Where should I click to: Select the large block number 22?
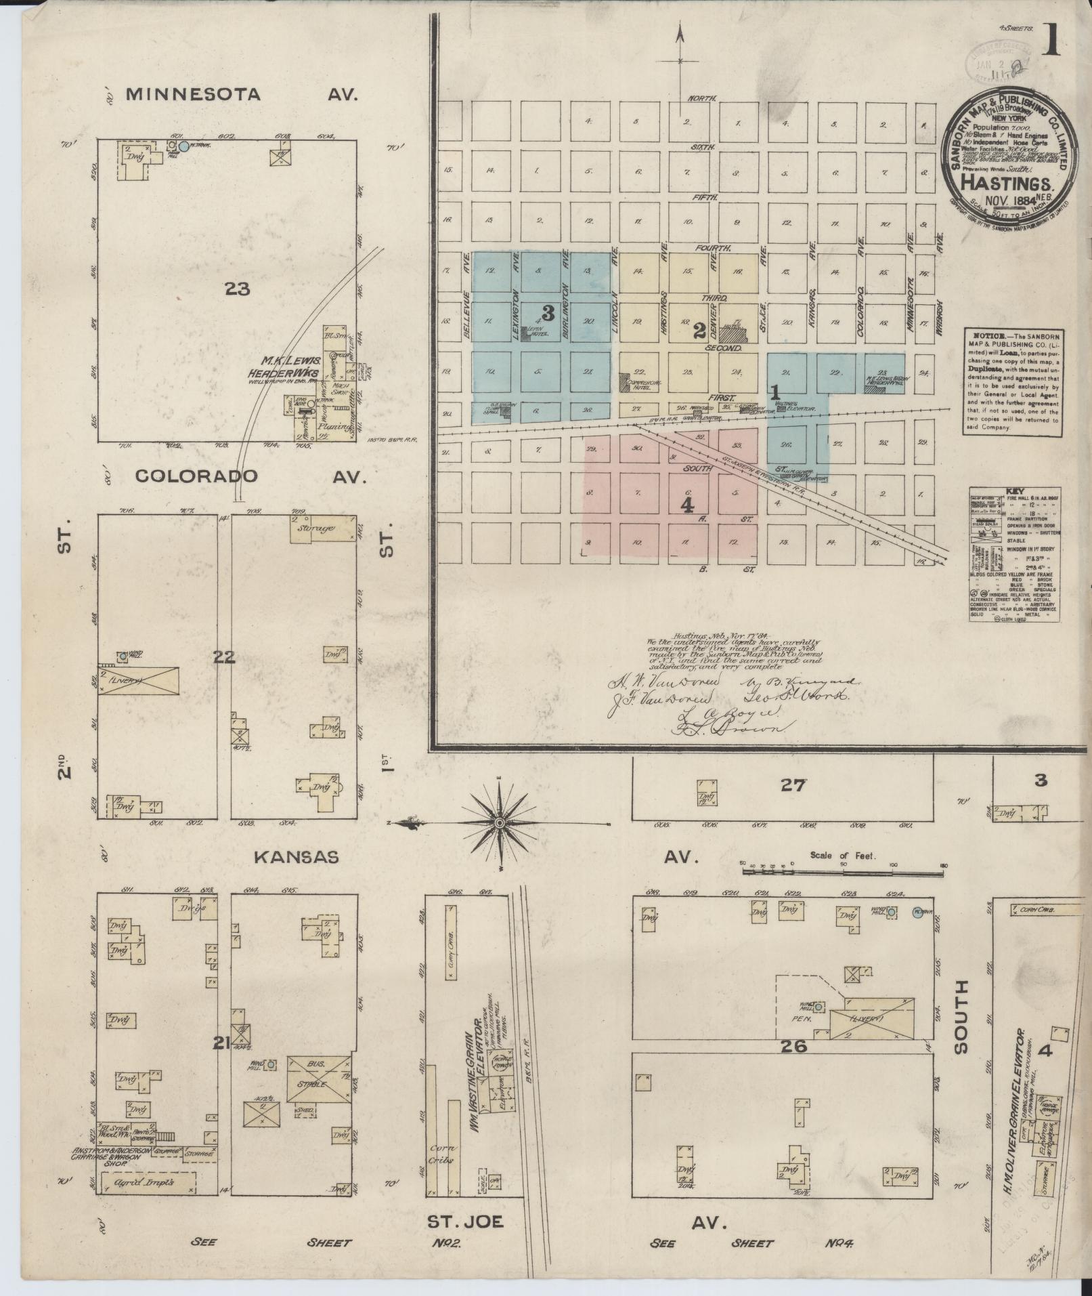point(224,656)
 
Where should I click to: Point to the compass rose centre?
point(500,822)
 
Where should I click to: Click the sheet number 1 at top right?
point(1051,41)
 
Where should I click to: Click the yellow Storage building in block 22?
point(323,528)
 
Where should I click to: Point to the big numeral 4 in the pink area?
point(688,505)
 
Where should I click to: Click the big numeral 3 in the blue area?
point(548,313)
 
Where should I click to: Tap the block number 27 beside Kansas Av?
point(793,785)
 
